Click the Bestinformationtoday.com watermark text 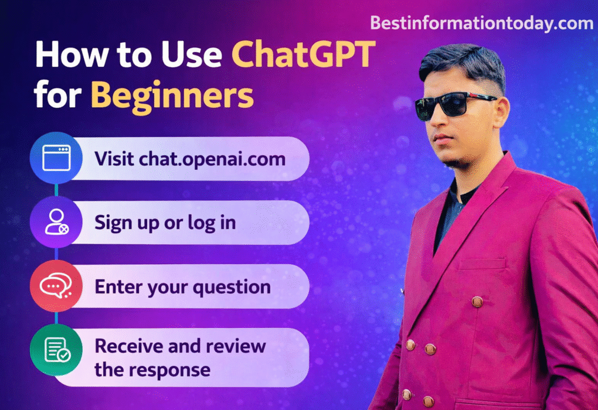(481, 23)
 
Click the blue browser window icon (56, 158)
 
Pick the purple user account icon (56, 223)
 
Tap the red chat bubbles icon (56, 286)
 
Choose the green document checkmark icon (56, 350)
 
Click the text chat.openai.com (212, 159)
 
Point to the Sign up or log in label (165, 223)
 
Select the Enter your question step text (182, 287)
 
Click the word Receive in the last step (128, 346)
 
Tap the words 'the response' (152, 370)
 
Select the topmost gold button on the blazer (477, 302)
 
